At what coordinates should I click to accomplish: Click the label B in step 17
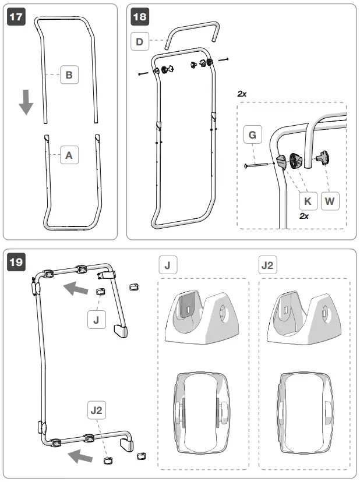pyautogui.click(x=69, y=75)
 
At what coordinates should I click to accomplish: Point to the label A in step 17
pyautogui.click(x=69, y=155)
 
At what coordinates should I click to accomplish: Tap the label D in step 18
pyautogui.click(x=139, y=41)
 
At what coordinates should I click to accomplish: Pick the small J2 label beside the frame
pyautogui.click(x=97, y=410)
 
